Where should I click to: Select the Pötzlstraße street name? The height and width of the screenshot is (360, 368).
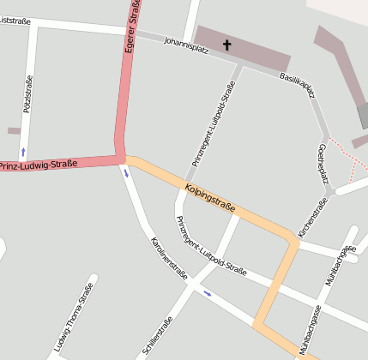coord(27,94)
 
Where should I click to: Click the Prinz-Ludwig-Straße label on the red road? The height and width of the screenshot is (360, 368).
coord(39,164)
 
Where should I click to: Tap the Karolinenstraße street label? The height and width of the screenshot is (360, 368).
coord(167,258)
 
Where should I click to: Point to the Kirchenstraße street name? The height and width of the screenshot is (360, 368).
coord(312,218)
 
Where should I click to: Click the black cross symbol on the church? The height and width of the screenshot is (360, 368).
coord(227,44)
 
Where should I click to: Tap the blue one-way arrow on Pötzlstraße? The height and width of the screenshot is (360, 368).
coord(23,152)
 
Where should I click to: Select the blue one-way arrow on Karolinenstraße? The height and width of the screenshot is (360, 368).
coord(127,173)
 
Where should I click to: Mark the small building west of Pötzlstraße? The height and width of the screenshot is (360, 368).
coord(14,130)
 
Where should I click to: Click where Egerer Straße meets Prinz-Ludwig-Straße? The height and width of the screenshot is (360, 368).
coord(121,158)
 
